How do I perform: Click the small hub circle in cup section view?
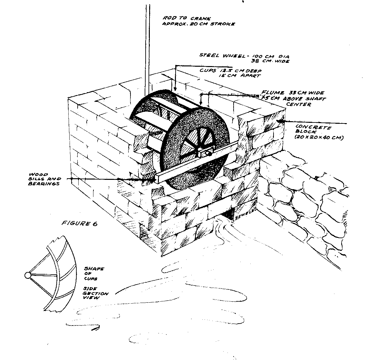point(27,276)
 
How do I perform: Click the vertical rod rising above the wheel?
point(147,48)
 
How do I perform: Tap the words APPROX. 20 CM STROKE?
point(198,24)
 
